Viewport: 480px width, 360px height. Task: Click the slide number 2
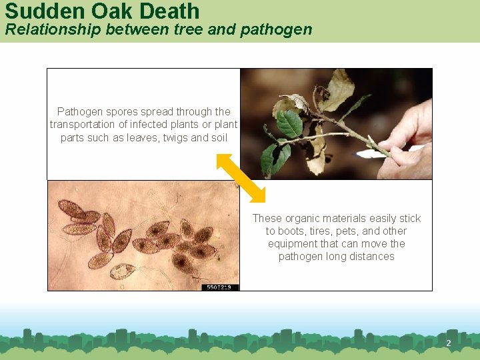[x=448, y=343]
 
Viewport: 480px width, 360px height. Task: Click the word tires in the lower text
[x=323, y=231]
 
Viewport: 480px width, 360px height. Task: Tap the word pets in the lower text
[x=353, y=231]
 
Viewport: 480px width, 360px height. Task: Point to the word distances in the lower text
[x=373, y=257]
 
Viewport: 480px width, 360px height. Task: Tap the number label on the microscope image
[x=219, y=287]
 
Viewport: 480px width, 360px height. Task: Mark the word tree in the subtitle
[x=207, y=30]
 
